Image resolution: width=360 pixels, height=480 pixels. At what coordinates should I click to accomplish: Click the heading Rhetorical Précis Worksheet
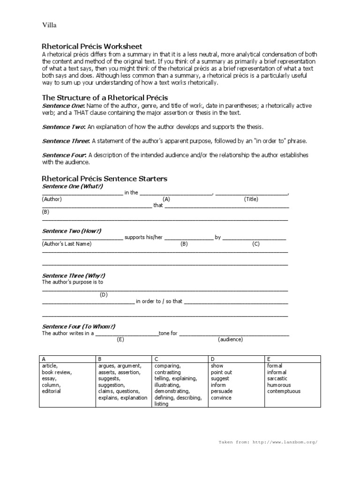click(x=92, y=46)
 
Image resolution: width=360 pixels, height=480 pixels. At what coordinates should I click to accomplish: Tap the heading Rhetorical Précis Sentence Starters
click(x=105, y=179)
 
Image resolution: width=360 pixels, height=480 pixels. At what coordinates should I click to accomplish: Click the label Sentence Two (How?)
click(x=72, y=231)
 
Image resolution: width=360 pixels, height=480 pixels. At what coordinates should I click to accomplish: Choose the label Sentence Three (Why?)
click(x=74, y=276)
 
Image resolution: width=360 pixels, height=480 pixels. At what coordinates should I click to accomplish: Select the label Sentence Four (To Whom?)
click(x=78, y=327)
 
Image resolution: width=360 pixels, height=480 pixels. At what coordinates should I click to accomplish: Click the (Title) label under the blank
click(x=251, y=199)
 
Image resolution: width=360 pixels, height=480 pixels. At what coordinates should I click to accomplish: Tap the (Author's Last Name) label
click(x=67, y=244)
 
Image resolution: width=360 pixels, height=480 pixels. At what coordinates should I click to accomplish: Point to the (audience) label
click(x=230, y=339)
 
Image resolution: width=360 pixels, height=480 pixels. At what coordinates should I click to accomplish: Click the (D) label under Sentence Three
click(x=104, y=295)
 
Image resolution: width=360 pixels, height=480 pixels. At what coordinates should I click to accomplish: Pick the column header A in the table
click(x=44, y=359)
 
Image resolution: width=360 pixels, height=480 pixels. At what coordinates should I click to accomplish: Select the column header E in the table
click(x=269, y=359)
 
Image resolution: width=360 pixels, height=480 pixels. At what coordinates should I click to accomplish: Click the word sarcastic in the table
click(x=278, y=378)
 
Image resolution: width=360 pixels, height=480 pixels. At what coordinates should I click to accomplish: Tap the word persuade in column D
click(x=222, y=391)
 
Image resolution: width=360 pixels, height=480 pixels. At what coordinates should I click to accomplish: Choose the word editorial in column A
click(x=51, y=391)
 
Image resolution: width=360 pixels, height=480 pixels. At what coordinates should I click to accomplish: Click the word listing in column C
click(x=161, y=404)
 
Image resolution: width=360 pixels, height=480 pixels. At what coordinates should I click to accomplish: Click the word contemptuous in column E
click(x=284, y=391)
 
